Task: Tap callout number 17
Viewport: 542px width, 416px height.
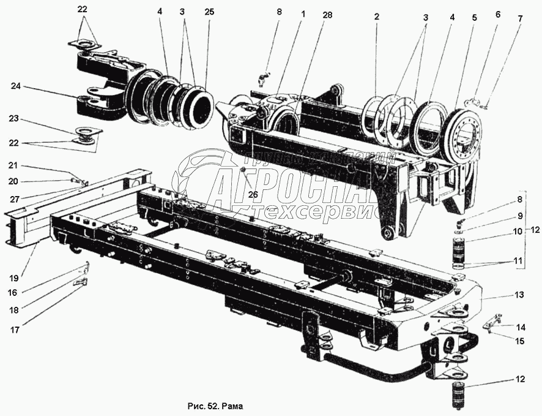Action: tap(14, 330)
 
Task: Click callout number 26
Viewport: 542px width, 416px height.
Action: tap(251, 195)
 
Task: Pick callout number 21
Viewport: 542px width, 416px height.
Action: tap(13, 166)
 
